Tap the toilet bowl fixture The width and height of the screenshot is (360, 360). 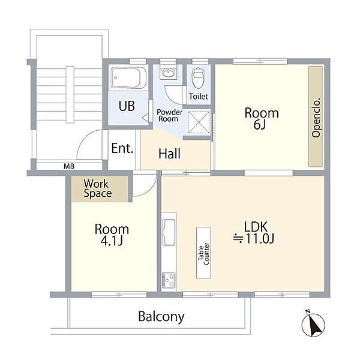(x=198, y=77)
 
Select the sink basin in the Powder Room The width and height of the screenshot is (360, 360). (x=168, y=73)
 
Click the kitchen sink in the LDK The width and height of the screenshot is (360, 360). (x=169, y=232)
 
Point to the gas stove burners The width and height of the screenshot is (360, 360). (x=169, y=280)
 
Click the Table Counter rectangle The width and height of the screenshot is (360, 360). (x=203, y=253)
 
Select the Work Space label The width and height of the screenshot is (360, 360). (x=98, y=188)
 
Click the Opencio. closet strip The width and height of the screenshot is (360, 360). (x=316, y=116)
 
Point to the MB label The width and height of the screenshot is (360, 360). (x=69, y=166)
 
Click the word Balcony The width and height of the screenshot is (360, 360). (x=161, y=317)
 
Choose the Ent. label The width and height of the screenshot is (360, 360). (x=122, y=148)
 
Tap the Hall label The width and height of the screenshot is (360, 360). (x=169, y=154)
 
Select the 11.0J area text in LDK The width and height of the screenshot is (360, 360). (x=253, y=239)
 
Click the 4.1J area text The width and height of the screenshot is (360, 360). (x=112, y=241)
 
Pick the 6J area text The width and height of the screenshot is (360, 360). (x=260, y=125)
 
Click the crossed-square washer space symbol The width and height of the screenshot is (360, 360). (x=199, y=122)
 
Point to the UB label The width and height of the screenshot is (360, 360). (x=127, y=106)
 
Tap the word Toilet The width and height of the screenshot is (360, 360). (x=199, y=97)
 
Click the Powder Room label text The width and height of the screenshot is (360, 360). (x=169, y=115)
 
